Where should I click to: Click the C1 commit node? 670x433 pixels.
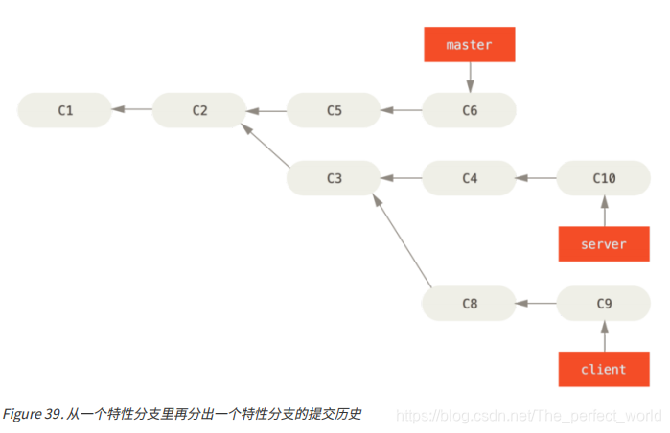pos(64,110)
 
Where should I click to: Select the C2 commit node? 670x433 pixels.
pos(199,110)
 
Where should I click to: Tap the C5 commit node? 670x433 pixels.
pos(334,110)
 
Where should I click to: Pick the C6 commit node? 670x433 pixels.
pos(470,110)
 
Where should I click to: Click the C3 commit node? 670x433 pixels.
pos(334,178)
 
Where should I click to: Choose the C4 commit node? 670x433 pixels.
pos(470,178)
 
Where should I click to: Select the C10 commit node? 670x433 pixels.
pos(604,178)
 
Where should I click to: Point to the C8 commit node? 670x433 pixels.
pos(470,304)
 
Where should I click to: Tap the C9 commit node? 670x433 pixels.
pos(604,304)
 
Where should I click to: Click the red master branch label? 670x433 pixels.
pos(470,45)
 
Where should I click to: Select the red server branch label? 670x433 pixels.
pos(604,243)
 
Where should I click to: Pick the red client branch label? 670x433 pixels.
pos(604,369)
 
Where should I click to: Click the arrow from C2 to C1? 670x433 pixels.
pos(131,110)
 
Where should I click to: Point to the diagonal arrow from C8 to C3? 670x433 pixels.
pos(402,240)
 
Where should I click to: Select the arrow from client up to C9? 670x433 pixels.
pos(604,336)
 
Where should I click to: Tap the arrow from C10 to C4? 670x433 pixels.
pos(537,178)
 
